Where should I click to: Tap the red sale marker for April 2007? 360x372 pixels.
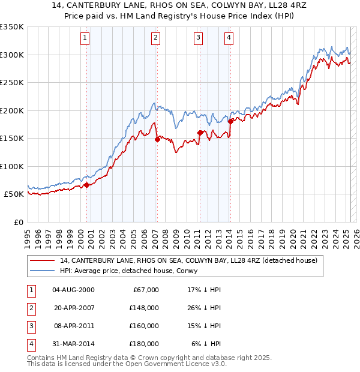(x=157, y=139)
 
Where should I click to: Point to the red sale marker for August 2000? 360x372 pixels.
(x=86, y=185)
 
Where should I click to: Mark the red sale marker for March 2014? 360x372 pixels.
(x=230, y=121)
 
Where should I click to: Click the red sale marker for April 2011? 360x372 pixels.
(x=199, y=133)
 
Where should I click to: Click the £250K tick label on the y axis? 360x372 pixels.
(x=12, y=82)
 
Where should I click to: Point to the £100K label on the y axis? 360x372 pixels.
(x=12, y=166)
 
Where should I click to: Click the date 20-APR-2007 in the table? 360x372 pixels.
(x=74, y=308)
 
